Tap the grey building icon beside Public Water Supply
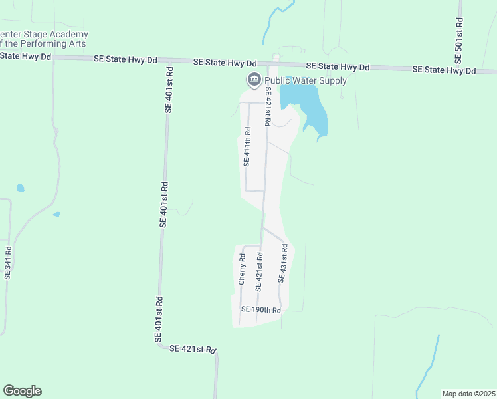254,81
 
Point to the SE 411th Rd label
246,149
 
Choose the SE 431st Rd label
282,264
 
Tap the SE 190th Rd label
261,309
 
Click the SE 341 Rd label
8,263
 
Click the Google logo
22,391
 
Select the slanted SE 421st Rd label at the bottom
193,349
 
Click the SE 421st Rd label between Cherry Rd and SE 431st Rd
258,271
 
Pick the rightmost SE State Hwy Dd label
444,70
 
